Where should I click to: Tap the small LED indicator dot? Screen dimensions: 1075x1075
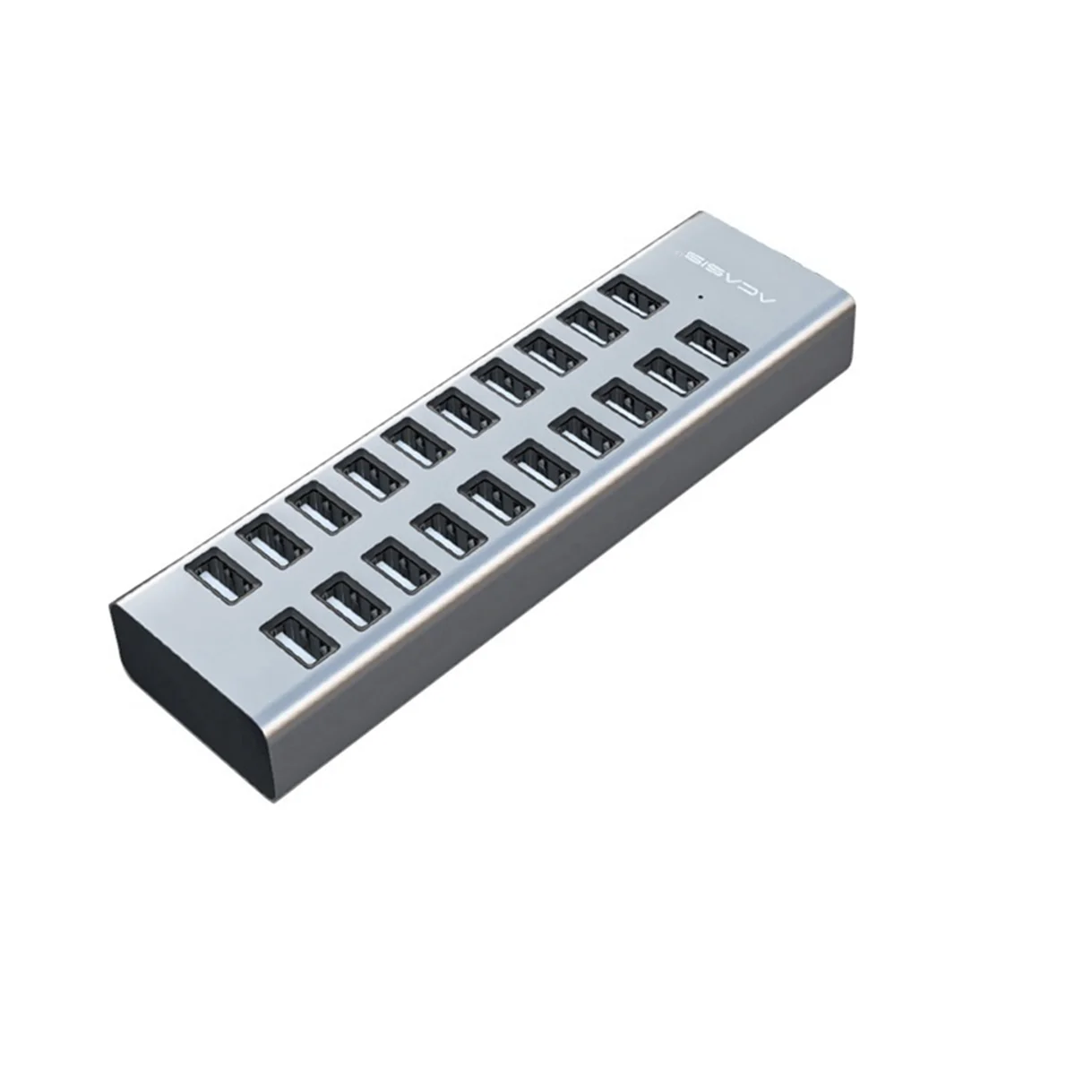[x=696, y=294]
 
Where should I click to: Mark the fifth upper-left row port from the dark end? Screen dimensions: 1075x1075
[x=413, y=440]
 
